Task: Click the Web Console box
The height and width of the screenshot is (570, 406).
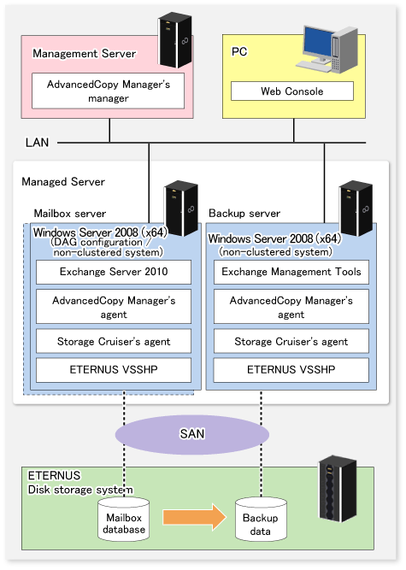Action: pyautogui.click(x=292, y=91)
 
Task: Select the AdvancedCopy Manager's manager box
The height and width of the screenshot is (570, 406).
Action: pyautogui.click(x=108, y=91)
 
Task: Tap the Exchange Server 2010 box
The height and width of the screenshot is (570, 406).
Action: pyautogui.click(x=114, y=272)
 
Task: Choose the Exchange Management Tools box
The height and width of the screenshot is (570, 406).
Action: pyautogui.click(x=291, y=272)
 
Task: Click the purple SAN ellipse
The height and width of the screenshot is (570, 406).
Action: pyautogui.click(x=192, y=434)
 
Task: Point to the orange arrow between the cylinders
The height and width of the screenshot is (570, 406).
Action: pyautogui.click(x=195, y=517)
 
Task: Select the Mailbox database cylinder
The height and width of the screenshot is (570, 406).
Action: pyautogui.click(x=124, y=519)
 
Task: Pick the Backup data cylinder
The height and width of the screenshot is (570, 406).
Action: pyautogui.click(x=261, y=519)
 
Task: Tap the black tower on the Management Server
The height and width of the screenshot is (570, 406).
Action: pyautogui.click(x=175, y=40)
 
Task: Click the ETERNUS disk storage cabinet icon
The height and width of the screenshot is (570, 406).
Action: pyautogui.click(x=338, y=489)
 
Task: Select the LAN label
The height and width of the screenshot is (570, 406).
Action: pyautogui.click(x=37, y=143)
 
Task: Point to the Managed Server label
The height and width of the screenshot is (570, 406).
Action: pyautogui.click(x=63, y=181)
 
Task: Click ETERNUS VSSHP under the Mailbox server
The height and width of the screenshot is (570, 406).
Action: pyautogui.click(x=114, y=370)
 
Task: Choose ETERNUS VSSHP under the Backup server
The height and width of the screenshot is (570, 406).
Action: pyautogui.click(x=291, y=370)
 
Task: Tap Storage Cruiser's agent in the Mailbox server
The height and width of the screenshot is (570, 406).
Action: pyautogui.click(x=114, y=341)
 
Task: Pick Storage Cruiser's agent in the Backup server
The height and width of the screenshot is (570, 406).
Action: pyautogui.click(x=291, y=341)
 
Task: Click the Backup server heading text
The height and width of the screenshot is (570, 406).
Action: pyautogui.click(x=244, y=214)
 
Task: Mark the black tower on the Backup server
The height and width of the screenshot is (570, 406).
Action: pyautogui.click(x=356, y=208)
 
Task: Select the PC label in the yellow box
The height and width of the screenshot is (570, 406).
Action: pyautogui.click(x=239, y=51)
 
